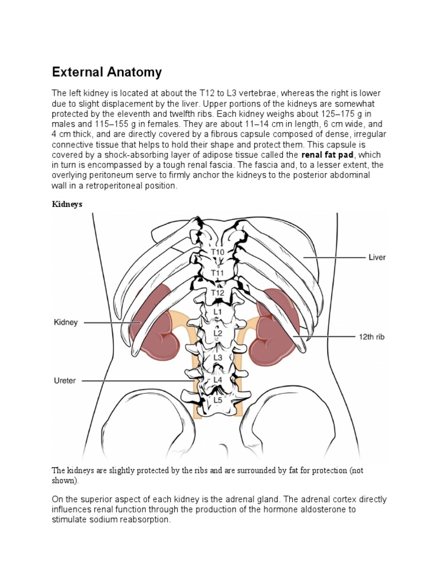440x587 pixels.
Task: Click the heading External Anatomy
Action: tap(107, 72)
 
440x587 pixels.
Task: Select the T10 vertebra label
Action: tap(218, 252)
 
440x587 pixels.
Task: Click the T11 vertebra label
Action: tap(218, 273)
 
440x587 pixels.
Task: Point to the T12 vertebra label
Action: tap(218, 293)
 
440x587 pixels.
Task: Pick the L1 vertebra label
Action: tap(218, 312)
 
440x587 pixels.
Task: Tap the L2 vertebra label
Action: tap(218, 333)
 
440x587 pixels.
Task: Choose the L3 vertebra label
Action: tap(218, 357)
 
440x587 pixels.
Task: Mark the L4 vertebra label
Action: tap(218, 379)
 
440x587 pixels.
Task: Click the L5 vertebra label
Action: tap(218, 400)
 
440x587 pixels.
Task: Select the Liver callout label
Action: tap(376, 258)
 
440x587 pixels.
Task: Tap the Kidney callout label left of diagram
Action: tap(65, 323)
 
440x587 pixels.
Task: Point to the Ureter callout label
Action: tap(64, 380)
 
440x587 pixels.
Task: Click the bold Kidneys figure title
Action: tap(68, 204)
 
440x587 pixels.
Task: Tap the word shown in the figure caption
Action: tap(64, 480)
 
